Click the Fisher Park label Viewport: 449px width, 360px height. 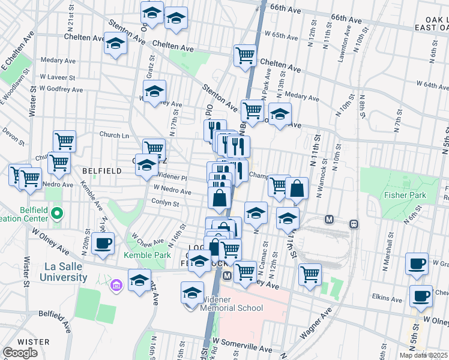pos(407,195)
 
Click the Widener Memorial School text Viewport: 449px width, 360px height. pos(231,304)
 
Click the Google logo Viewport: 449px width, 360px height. pos(20,353)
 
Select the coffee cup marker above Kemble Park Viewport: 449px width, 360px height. pos(103,244)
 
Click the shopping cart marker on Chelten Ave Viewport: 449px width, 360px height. pos(245,55)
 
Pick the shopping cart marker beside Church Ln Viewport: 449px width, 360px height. pos(64,142)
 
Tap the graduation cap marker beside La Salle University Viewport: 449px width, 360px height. pos(140,281)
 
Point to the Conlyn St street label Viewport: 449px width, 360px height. pos(166,203)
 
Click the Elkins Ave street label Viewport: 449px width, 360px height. pos(387,298)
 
